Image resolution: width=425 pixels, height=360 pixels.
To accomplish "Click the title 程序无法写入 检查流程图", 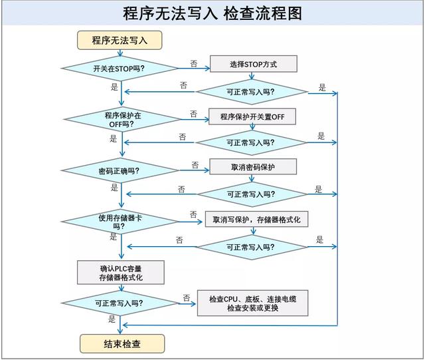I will (x=212, y=13).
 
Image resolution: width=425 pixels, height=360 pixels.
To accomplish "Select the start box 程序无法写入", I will (x=120, y=40).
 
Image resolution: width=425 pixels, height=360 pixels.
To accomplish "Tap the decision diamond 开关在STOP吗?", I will (x=120, y=68).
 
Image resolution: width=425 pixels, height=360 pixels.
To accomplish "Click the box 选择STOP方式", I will (x=253, y=64).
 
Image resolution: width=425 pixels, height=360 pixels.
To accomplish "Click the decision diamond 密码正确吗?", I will (x=120, y=171).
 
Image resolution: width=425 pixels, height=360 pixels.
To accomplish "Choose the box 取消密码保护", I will (x=253, y=167).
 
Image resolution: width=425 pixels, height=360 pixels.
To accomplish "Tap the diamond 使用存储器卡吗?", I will (x=120, y=222).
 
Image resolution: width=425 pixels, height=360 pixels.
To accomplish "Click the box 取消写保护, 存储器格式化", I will (x=256, y=220).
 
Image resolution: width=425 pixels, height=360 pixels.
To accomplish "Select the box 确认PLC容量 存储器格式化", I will (x=120, y=272).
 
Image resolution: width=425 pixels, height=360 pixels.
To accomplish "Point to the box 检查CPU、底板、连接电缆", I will (x=252, y=303).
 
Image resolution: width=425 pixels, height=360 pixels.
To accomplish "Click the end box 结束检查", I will (x=122, y=343).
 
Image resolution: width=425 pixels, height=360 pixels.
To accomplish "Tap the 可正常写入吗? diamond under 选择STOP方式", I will (x=252, y=91).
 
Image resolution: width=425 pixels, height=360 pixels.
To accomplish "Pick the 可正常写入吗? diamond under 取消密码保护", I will (x=252, y=194).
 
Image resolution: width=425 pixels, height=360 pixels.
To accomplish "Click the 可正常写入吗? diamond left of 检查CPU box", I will (x=120, y=303).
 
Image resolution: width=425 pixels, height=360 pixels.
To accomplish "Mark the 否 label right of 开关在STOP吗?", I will (x=193, y=63).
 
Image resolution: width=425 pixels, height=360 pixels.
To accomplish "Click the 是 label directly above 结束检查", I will (x=112, y=319).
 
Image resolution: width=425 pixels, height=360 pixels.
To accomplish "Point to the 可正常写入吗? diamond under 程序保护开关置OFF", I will (x=252, y=142).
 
